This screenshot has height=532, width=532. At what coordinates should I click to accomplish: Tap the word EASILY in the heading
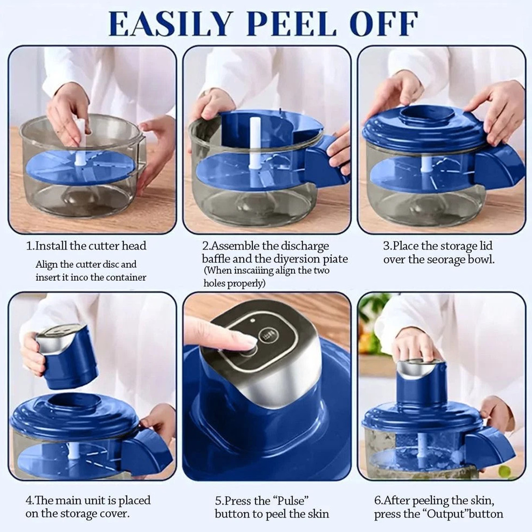(x=171, y=24)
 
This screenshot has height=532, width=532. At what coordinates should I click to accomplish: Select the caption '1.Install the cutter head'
(x=86, y=246)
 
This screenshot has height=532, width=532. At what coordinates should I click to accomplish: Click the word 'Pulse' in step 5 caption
(x=291, y=501)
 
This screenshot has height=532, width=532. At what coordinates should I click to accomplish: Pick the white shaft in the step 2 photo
(x=254, y=143)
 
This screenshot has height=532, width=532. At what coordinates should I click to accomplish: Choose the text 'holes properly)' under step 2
(x=234, y=283)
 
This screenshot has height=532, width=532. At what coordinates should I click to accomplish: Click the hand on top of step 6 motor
(x=418, y=346)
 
